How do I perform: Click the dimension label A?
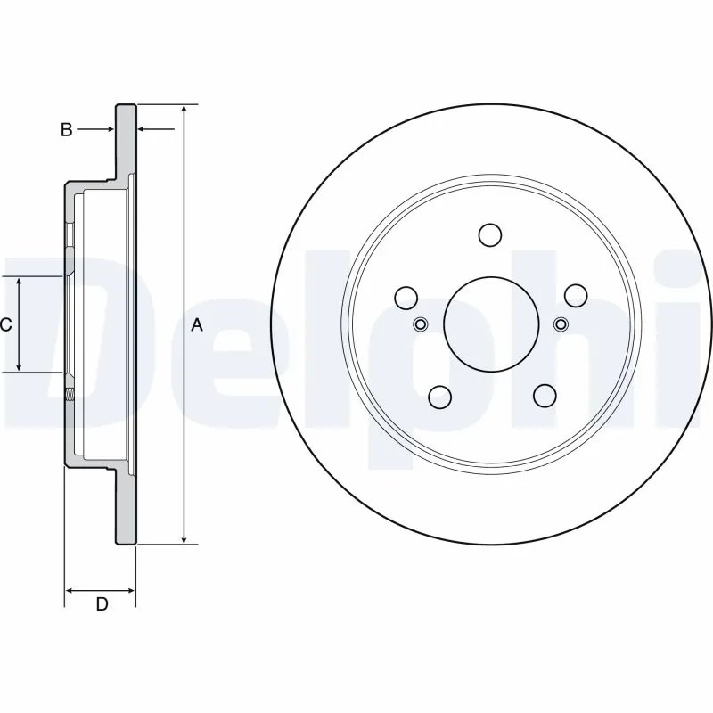[197, 326]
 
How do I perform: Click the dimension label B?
[66, 130]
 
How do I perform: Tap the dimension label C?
[6, 324]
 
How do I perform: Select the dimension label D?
[102, 604]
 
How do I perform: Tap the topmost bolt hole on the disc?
[490, 234]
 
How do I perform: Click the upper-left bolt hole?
[406, 296]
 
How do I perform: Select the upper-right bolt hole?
[575, 295]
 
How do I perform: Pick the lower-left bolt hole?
[438, 395]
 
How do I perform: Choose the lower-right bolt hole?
[543, 395]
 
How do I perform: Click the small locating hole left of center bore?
[422, 324]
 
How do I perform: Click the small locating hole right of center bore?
[560, 324]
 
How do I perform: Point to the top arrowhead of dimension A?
[184, 110]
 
